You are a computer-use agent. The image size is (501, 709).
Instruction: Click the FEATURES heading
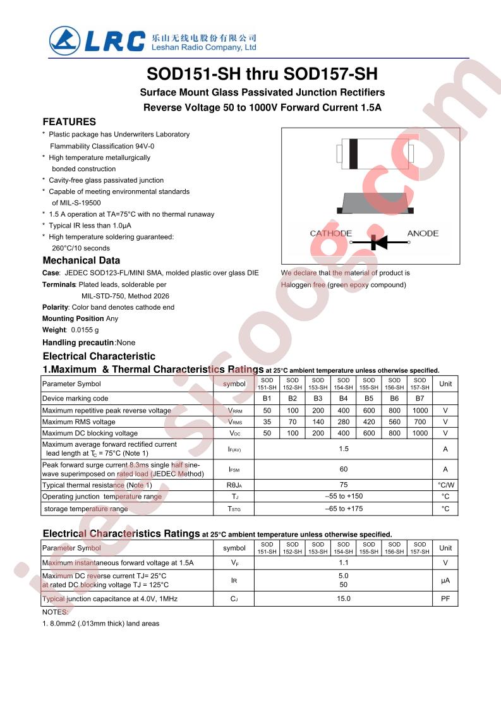coord(69,122)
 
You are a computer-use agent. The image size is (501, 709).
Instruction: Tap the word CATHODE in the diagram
coord(330,234)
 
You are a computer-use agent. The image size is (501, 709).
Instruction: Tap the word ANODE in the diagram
coord(423,234)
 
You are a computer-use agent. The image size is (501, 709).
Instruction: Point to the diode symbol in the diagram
coord(378,241)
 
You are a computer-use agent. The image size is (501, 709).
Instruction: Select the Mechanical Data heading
coord(81,260)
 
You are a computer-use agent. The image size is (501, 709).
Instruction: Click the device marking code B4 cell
coord(344,399)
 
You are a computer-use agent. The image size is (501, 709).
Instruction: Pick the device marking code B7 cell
coord(420,399)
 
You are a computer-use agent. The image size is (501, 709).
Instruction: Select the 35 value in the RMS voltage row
coord(267,422)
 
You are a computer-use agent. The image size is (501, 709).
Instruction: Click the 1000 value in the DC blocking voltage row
coord(420,433)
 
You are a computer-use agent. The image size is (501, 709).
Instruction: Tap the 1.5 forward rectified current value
coord(344,449)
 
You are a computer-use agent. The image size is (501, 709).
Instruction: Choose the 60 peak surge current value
coord(344,469)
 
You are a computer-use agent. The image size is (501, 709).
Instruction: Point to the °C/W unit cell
coord(445,485)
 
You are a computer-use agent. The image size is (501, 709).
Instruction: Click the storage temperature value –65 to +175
coord(344,509)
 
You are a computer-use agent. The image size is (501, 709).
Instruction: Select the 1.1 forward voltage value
coord(344,562)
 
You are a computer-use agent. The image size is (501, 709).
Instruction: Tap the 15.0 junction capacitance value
coord(344,598)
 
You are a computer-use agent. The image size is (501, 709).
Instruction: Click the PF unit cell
coord(445,598)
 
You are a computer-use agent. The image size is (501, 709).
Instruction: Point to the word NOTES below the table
coord(56,612)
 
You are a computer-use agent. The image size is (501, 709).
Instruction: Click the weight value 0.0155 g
coord(85,330)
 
